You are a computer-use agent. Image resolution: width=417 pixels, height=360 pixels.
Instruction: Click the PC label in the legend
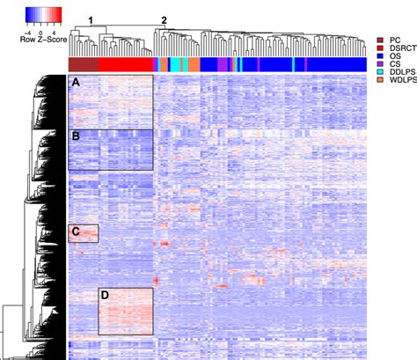click(x=394, y=40)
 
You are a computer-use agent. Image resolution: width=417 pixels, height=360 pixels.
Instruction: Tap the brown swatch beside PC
click(x=380, y=40)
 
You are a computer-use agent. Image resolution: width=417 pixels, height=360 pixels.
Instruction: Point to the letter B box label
click(x=77, y=136)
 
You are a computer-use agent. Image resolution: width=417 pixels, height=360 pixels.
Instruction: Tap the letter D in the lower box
click(x=105, y=295)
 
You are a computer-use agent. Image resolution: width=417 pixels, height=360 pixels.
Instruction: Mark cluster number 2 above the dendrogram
click(x=162, y=19)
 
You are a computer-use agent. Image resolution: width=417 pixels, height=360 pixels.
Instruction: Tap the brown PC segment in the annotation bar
click(x=84, y=64)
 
